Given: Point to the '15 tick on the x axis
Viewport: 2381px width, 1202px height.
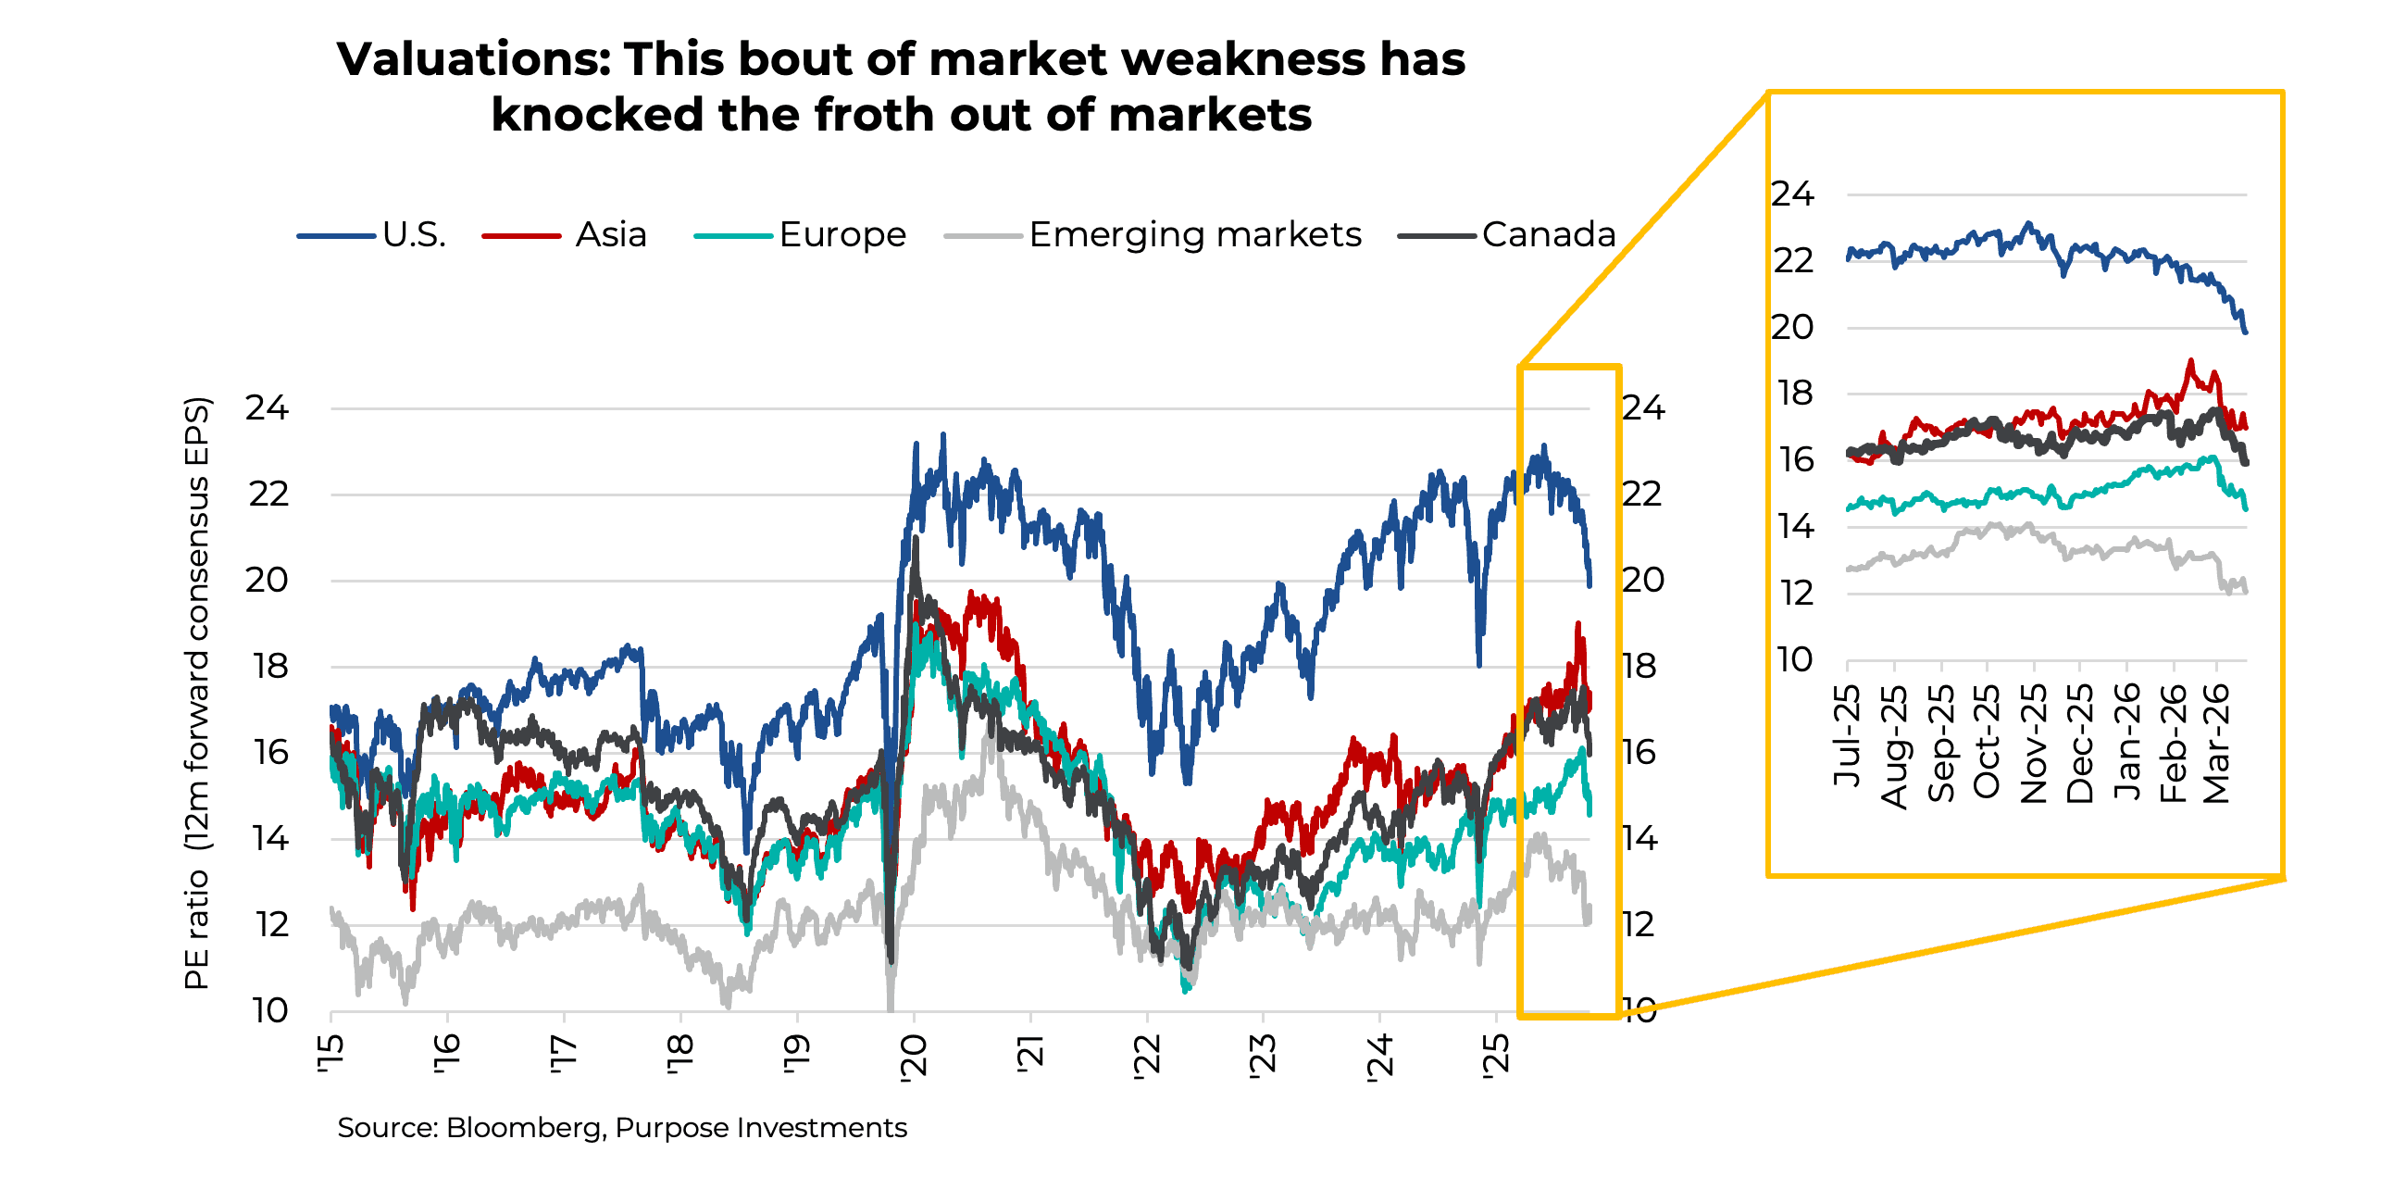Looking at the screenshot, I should coord(330,1056).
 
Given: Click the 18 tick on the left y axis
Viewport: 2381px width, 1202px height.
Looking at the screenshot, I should coord(270,667).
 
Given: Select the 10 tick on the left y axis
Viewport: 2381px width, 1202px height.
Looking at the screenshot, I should coord(269,1011).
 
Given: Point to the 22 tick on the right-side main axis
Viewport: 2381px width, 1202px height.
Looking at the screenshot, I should coord(1642,495).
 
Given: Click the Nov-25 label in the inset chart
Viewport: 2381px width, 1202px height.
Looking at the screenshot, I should coord(2033,744).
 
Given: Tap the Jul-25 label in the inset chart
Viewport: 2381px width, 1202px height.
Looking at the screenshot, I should coord(1847,736).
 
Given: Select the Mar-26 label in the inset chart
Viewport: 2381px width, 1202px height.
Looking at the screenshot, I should coord(2216,744).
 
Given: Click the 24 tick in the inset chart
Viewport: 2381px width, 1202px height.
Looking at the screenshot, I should coord(1793,194).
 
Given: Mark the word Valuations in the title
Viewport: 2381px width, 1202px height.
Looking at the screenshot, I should coord(473,60).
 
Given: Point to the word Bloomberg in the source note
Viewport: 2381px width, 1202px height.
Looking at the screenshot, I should coord(523,1128).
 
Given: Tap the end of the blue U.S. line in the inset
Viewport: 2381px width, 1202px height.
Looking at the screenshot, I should coord(2245,331).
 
